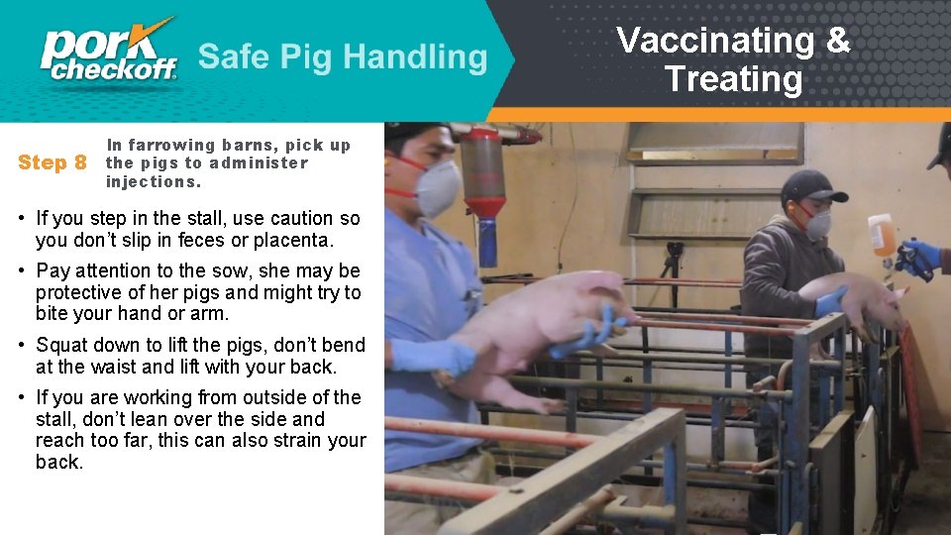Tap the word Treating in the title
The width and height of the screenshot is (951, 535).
click(733, 78)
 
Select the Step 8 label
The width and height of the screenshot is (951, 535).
click(53, 162)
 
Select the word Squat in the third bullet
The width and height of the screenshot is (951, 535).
click(63, 345)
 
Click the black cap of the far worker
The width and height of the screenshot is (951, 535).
click(811, 185)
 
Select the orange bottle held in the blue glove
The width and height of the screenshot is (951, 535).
click(881, 236)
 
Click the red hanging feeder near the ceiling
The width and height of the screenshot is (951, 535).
click(484, 173)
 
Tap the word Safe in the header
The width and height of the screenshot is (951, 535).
click(235, 56)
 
